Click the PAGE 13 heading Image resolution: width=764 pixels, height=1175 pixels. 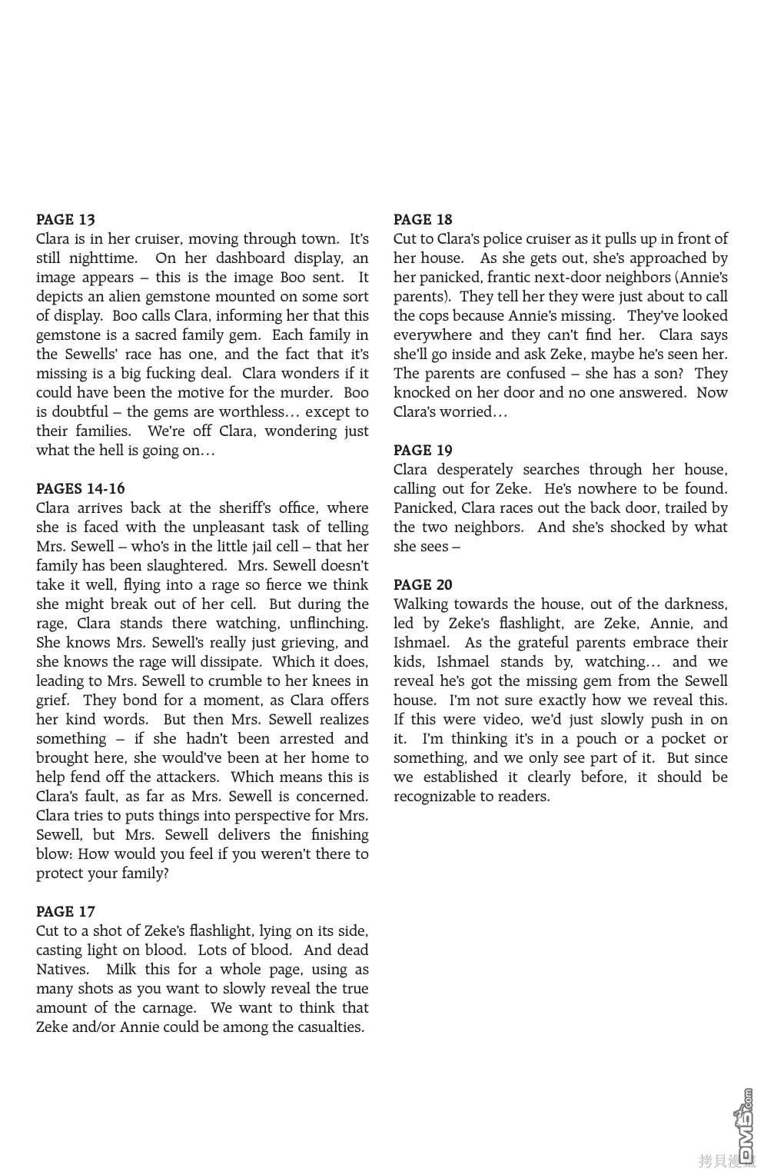65,219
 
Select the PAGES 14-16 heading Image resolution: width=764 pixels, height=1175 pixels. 80,488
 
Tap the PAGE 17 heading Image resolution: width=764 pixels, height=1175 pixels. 65,911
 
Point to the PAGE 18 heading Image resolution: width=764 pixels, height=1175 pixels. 423,219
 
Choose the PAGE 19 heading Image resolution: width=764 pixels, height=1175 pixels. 423,450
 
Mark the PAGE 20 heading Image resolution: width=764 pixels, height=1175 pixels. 423,584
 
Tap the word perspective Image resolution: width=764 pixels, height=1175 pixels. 257,815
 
